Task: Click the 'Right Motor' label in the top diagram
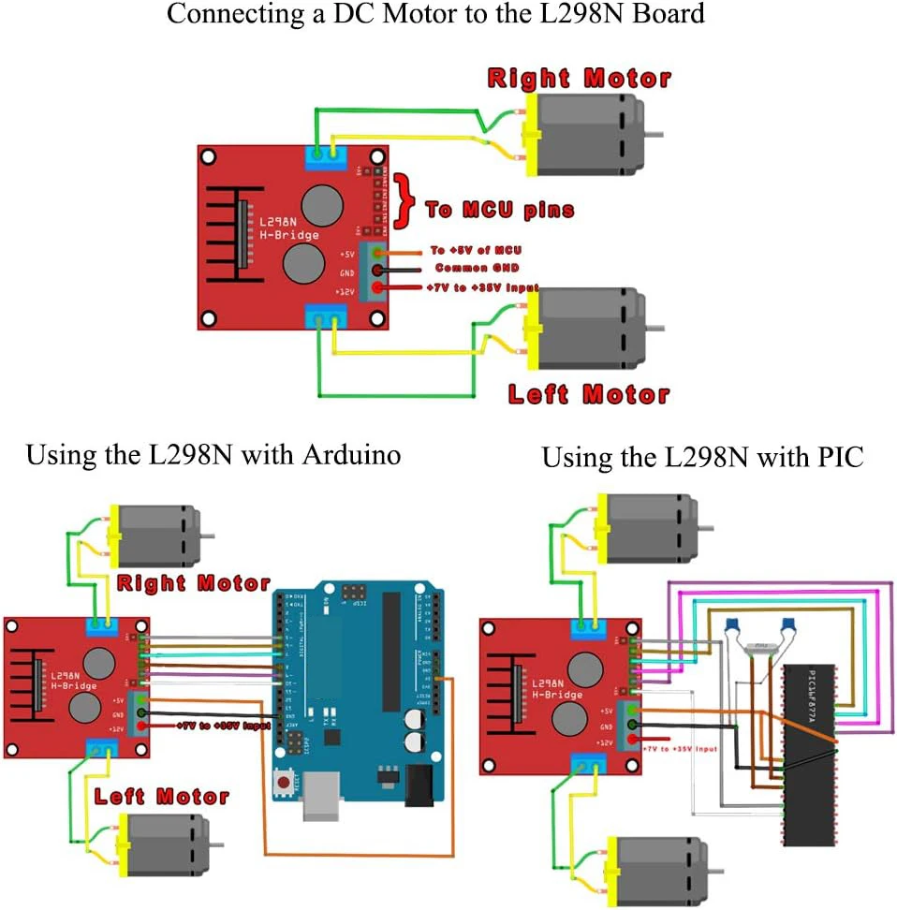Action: [580, 78]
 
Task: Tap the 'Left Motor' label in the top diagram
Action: [589, 393]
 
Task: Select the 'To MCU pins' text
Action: [499, 210]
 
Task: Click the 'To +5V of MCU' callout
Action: [476, 250]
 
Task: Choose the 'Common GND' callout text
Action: [476, 269]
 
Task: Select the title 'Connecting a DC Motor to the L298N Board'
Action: [434, 15]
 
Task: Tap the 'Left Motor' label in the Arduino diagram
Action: [162, 796]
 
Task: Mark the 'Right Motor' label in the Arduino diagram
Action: [194, 583]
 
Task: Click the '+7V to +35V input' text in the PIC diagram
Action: [680, 749]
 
